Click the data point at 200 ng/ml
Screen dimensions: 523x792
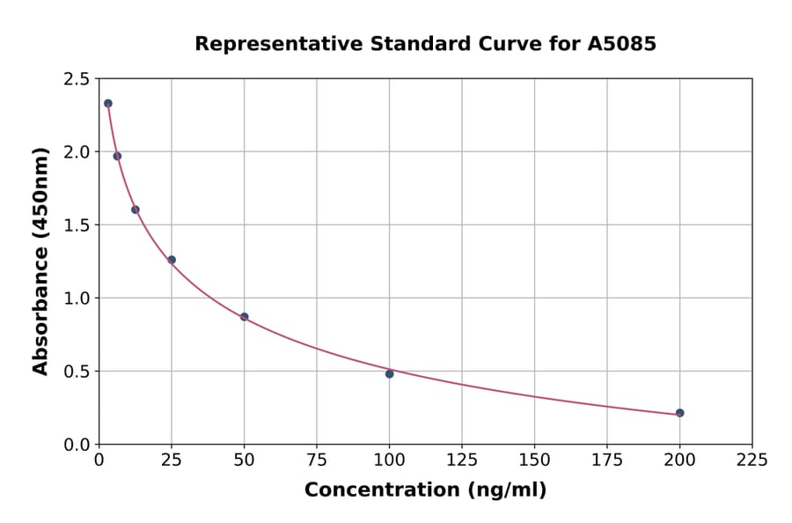click(x=679, y=413)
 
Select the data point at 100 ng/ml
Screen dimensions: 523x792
click(x=389, y=373)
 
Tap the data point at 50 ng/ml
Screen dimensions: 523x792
click(x=244, y=317)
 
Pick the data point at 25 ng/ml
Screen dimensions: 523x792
click(x=172, y=260)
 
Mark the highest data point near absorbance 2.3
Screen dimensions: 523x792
click(x=108, y=103)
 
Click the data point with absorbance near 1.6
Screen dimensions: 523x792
click(x=136, y=210)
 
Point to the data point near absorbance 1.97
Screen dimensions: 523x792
click(x=117, y=156)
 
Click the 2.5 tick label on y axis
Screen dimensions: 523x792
click(x=77, y=79)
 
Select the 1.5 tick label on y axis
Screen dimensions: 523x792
click(x=77, y=225)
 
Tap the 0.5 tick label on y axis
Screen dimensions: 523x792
click(x=77, y=372)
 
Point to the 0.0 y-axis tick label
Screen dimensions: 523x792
click(x=77, y=445)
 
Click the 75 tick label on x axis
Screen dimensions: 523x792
click(x=317, y=460)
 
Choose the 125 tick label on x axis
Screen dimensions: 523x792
click(x=462, y=460)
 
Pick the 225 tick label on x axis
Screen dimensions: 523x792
click(x=752, y=460)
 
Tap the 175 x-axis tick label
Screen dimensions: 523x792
click(x=607, y=460)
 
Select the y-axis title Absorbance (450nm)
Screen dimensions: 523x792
click(x=40, y=261)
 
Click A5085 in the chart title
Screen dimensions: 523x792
click(x=621, y=44)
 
